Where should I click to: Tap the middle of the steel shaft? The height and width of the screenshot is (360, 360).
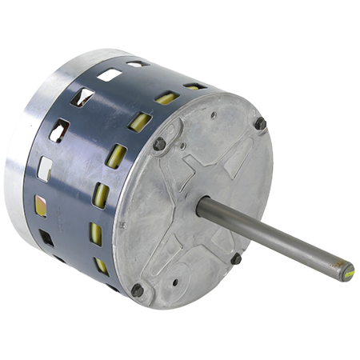tap(272, 235)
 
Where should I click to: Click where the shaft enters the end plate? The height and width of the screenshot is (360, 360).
tap(202, 207)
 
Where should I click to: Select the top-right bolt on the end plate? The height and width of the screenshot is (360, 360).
tap(260, 124)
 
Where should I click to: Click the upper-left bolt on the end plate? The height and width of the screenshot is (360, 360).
tap(159, 144)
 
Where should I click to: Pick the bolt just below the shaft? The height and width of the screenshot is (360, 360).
tap(237, 258)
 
